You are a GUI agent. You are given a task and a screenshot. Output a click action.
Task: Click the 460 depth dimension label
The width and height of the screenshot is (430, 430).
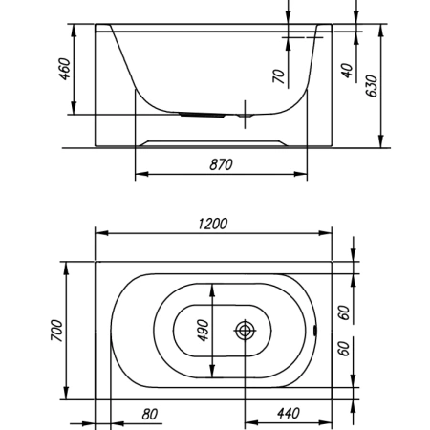pos(64,69)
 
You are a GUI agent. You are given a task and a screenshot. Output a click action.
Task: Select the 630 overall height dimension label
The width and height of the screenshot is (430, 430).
pos(372,86)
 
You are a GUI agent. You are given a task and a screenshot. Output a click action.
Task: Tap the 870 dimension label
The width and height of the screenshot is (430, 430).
pos(221,164)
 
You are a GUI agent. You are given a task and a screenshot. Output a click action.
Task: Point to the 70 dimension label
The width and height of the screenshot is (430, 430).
pos(279,76)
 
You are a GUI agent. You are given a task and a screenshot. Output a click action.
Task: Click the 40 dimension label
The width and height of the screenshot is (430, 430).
pos(347,71)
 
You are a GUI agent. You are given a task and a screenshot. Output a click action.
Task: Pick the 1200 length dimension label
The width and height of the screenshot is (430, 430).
pos(213,224)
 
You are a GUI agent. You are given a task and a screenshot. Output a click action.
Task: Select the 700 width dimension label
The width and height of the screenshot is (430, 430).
pos(57,331)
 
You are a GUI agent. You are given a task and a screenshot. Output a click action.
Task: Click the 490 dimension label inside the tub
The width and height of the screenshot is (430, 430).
pos(203,331)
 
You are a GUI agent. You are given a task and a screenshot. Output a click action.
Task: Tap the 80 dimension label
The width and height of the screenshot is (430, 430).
pos(150,414)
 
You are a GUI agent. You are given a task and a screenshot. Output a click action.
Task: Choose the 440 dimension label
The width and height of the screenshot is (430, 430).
pos(289,413)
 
